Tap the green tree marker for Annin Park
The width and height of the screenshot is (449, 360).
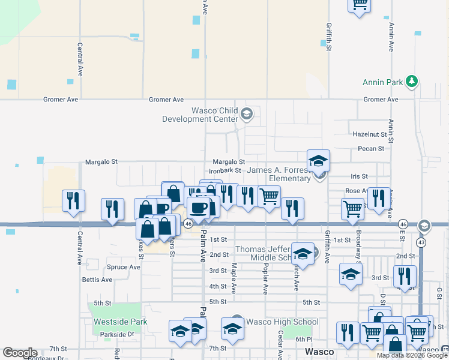[x=411, y=80]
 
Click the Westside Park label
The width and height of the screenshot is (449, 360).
[x=121, y=322]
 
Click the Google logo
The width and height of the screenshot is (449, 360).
[x=20, y=353]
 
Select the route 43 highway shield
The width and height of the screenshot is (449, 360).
[x=422, y=241]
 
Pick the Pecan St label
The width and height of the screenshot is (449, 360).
[x=370, y=149]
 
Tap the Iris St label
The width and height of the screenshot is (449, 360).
[x=359, y=176]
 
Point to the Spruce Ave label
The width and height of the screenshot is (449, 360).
[x=122, y=267]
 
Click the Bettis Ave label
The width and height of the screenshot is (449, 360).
[x=97, y=280]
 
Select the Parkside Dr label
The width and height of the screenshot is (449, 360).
[x=113, y=334]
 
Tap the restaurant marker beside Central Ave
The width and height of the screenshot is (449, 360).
[x=74, y=201]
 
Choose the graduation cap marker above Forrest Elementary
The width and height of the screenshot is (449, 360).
[x=318, y=161]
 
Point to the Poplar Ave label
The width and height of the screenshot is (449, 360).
[x=265, y=276]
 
